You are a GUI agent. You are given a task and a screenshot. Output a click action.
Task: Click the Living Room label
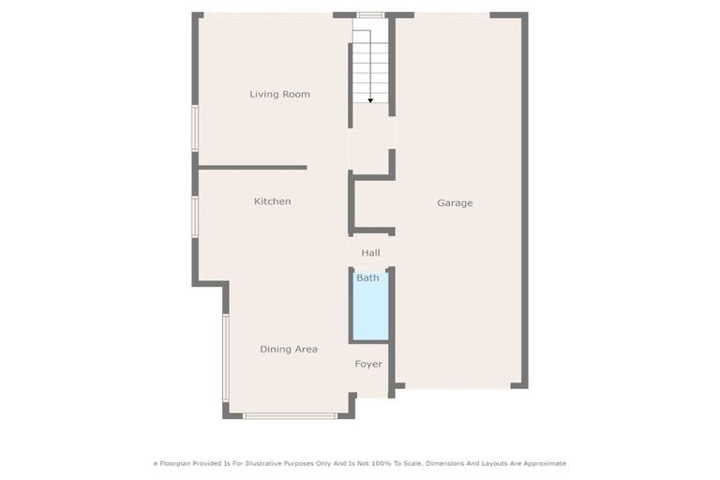pyautogui.click(x=279, y=94)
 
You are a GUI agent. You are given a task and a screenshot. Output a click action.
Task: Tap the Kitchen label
pyautogui.click(x=272, y=202)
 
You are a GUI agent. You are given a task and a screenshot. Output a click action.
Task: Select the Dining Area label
pyautogui.click(x=288, y=349)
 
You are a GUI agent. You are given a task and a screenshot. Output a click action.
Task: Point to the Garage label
pyautogui.click(x=455, y=202)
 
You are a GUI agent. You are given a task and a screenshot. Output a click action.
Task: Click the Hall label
pyautogui.click(x=370, y=253)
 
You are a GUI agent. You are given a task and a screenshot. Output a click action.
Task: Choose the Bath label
pyautogui.click(x=367, y=277)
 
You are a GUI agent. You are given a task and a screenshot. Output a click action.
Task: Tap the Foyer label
pyautogui.click(x=368, y=364)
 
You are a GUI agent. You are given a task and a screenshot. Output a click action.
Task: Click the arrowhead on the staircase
pyautogui.click(x=370, y=99)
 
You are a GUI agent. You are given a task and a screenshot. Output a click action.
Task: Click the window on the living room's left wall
pyautogui.click(x=195, y=127)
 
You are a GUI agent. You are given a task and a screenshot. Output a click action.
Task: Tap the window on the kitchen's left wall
pyautogui.click(x=195, y=217)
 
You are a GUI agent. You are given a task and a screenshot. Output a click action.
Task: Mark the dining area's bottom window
pyautogui.click(x=290, y=415)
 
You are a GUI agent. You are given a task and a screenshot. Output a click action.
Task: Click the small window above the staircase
pyautogui.click(x=370, y=15)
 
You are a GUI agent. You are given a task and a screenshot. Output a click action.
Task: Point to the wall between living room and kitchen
pyautogui.click(x=252, y=168)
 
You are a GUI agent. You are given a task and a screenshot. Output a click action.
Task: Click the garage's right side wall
pyautogui.click(x=525, y=202)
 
